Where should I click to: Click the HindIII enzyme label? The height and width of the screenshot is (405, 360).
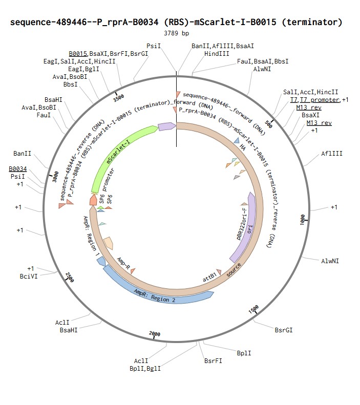point(217,54)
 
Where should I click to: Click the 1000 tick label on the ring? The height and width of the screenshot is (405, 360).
point(303,220)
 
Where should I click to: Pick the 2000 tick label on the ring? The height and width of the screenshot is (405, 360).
point(155,334)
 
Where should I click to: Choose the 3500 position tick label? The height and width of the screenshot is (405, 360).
point(119,98)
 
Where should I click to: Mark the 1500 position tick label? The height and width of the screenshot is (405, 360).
point(253,309)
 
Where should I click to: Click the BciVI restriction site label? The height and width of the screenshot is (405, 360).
point(29,276)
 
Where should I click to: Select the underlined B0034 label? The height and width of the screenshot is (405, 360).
point(18,169)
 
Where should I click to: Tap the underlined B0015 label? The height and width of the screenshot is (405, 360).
point(78,54)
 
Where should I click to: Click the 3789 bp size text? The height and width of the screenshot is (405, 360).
point(176,33)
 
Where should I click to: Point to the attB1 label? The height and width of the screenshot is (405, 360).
point(209,278)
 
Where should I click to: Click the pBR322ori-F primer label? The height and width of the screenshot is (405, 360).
point(241,224)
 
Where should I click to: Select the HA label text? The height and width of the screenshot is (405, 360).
point(243,147)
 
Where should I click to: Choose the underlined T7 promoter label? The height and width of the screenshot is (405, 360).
point(320,100)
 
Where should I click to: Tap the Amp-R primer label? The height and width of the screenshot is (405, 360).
point(123,264)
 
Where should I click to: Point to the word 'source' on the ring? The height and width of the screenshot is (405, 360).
point(234,270)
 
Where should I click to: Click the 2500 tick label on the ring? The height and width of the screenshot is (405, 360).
point(70,277)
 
